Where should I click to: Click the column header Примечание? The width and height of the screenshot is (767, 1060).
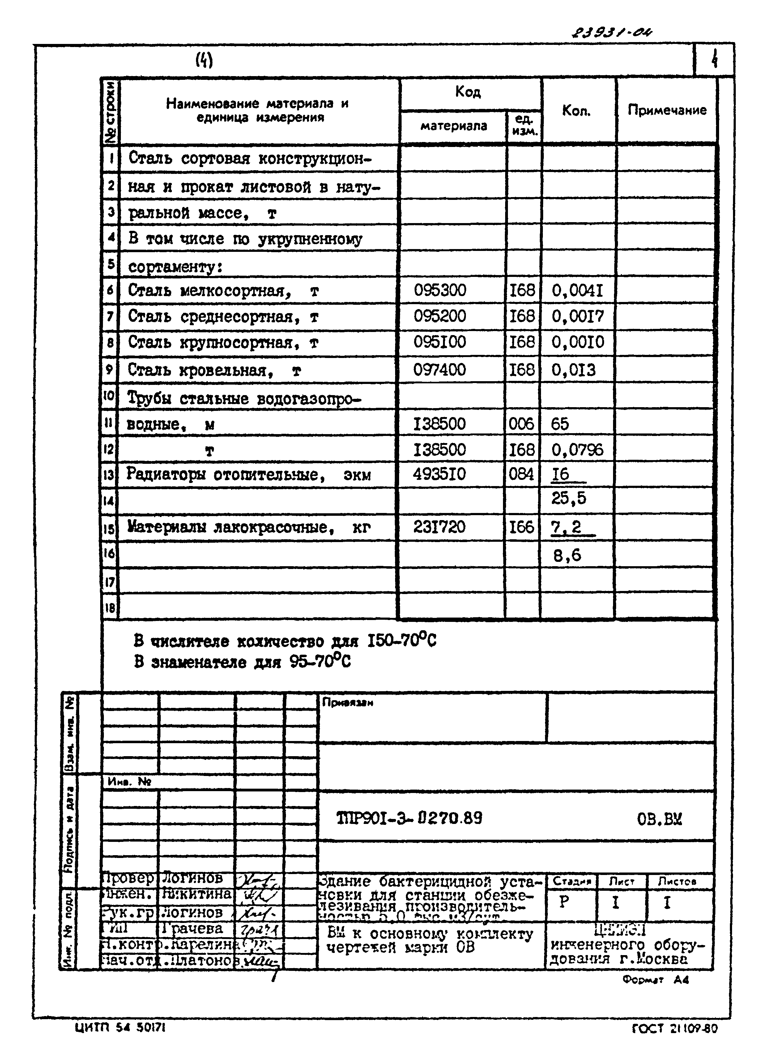tap(667, 110)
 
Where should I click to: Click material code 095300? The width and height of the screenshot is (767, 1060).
tap(440, 290)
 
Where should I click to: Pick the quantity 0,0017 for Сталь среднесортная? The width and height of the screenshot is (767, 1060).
tap(578, 317)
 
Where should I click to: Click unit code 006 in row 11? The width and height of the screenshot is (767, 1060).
tap(521, 424)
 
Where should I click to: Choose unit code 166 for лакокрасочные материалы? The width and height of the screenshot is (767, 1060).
tap(521, 527)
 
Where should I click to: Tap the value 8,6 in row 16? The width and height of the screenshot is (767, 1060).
tap(567, 556)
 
